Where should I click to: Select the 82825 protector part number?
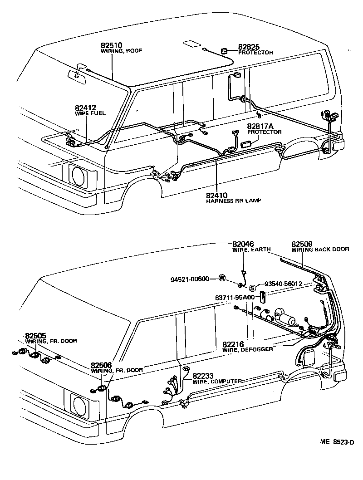pos(249,47)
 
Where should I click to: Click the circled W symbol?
pos(222,278)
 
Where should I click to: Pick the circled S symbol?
pos(253,287)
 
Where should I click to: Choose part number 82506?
pos(103,365)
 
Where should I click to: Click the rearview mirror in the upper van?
pos(76,75)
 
